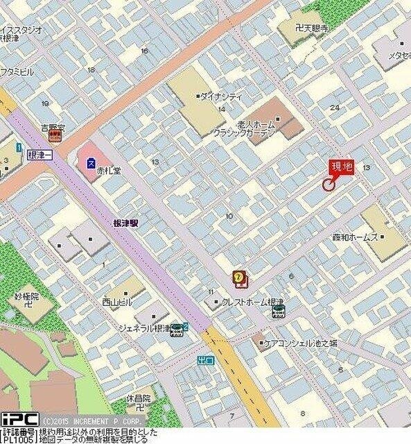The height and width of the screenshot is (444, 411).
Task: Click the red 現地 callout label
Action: pyautogui.click(x=342, y=166)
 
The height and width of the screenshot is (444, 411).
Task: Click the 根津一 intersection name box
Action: pyautogui.click(x=40, y=155)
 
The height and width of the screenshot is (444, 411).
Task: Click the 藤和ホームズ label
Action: pyautogui.click(x=355, y=237)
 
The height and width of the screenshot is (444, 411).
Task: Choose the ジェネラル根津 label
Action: pyautogui.click(x=143, y=327)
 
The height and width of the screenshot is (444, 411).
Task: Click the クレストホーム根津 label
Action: pyautogui.click(x=252, y=302)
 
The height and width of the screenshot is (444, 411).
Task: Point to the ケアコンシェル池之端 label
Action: pyautogui.click(x=299, y=343)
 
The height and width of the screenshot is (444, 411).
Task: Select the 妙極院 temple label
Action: pyautogui.click(x=26, y=296)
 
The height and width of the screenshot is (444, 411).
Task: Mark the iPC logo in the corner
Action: pyautogui.click(x=19, y=420)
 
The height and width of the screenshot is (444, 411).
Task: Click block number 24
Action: pyautogui.click(x=335, y=108)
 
